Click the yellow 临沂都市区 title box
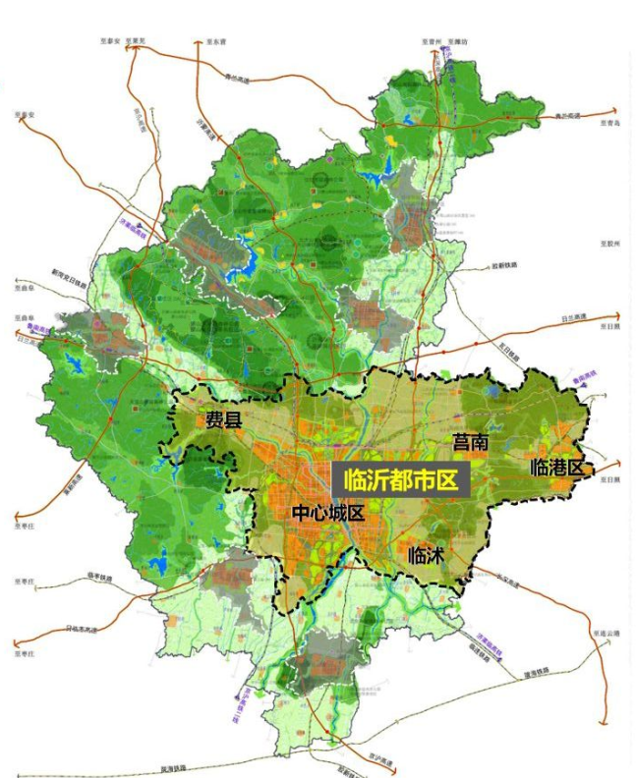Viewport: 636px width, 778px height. coord(401,481)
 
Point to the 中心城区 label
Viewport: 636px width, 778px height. coord(327,513)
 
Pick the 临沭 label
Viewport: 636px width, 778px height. coord(427,555)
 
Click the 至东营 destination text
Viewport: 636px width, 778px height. coord(217,42)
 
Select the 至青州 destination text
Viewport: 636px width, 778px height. coord(426,42)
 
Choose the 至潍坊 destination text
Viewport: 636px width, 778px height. coord(458,42)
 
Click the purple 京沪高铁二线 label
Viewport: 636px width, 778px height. coord(239,705)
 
